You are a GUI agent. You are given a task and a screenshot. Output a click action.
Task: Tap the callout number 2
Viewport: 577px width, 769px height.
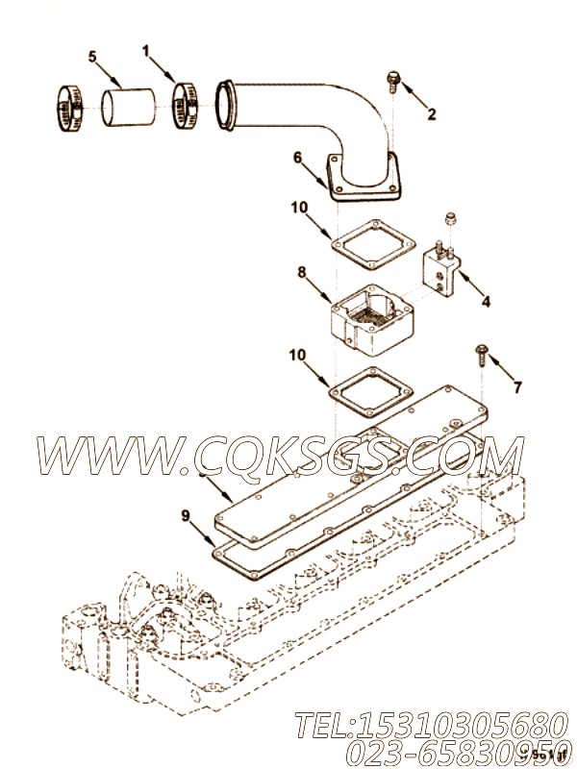(431, 114)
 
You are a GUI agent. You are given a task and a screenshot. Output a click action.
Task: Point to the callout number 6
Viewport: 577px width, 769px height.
(298, 156)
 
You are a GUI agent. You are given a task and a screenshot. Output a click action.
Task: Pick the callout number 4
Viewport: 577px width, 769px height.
(486, 301)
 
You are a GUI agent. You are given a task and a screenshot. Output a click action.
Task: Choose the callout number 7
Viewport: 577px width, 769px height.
(517, 387)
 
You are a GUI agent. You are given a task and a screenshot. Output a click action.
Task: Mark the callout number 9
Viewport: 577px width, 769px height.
(185, 514)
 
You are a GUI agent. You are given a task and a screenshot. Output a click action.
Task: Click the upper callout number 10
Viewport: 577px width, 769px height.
(300, 207)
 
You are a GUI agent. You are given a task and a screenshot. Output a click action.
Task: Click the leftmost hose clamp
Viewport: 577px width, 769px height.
(67, 107)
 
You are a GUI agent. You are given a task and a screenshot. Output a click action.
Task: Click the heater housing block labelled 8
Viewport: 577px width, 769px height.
(370, 318)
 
